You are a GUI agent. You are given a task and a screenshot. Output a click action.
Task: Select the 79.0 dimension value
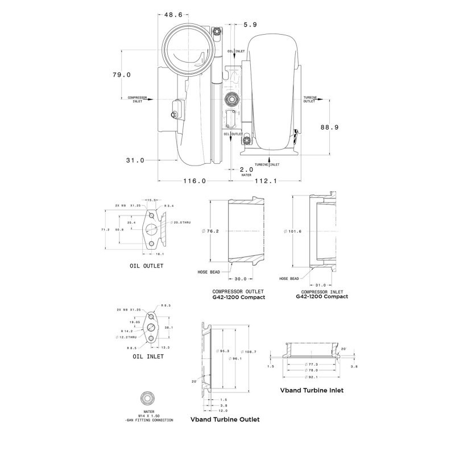[x=121, y=75]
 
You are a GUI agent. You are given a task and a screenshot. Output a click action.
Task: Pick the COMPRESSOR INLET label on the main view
[x=138, y=99]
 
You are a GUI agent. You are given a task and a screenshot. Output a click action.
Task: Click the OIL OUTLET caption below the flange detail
[x=146, y=265]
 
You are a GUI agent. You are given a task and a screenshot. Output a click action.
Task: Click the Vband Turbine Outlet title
[x=225, y=420]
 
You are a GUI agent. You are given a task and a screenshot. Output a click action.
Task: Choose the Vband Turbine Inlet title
[x=312, y=391]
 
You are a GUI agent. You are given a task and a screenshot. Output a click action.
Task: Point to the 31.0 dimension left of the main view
[x=135, y=160]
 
